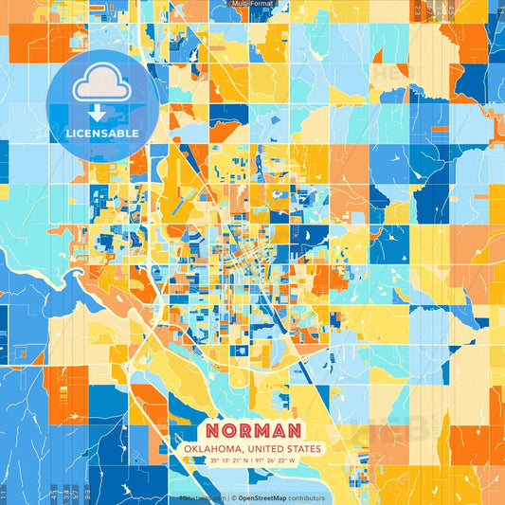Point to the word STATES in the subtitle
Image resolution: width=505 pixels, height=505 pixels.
pos(304,448)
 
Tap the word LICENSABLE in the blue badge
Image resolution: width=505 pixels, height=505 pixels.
pos(101,134)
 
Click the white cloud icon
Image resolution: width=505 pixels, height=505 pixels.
pos(101,87)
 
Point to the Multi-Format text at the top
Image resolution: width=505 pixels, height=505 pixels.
pos(252,4)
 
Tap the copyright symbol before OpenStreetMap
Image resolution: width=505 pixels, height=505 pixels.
pos(232,497)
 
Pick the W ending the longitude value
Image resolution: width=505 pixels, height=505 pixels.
pos(295,461)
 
